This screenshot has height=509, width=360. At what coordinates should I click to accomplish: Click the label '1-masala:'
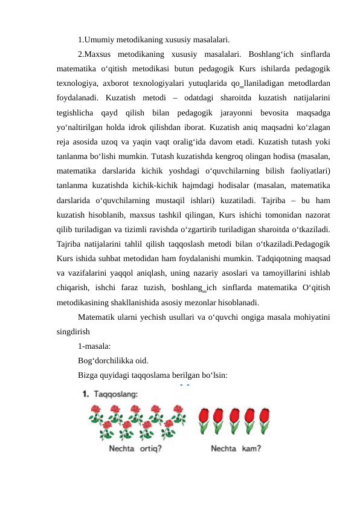click(94, 347)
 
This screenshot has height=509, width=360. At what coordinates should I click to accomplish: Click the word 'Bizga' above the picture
click(89, 375)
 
